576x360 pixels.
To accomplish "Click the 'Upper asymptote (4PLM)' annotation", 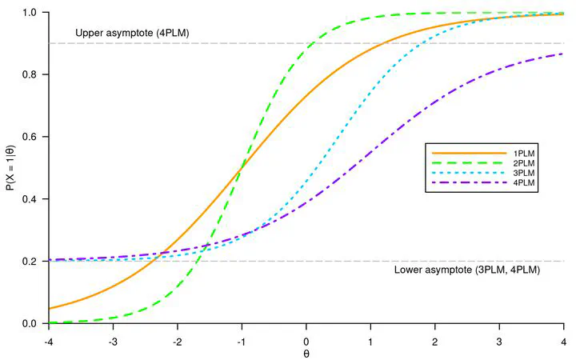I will tap(132, 33).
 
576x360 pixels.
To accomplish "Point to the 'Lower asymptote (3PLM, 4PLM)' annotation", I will tap(468, 270).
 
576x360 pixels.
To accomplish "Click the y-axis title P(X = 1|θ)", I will tap(10, 168).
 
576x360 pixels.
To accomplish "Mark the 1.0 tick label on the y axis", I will tap(30, 13).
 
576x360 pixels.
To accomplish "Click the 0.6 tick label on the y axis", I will tap(30, 137).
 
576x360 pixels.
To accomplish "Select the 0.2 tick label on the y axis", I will tap(30, 262).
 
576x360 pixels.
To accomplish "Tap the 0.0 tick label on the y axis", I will tap(30, 323).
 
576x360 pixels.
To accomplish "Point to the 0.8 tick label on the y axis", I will tap(30, 74).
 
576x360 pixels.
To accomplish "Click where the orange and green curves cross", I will tap(242, 168).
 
